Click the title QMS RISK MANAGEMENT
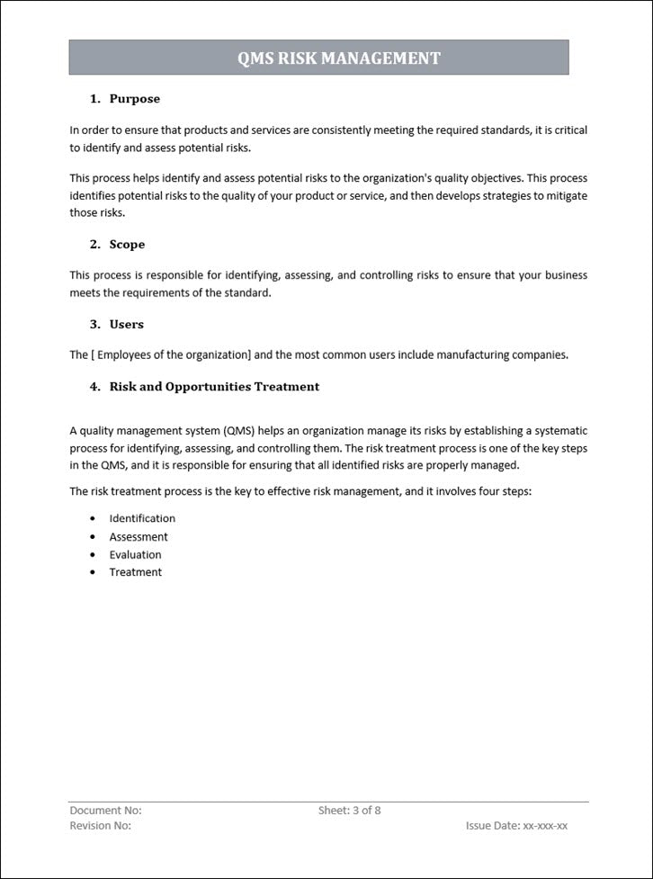click(338, 58)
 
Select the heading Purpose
click(134, 99)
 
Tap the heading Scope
click(127, 245)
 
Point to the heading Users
click(126, 324)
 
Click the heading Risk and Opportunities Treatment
click(214, 387)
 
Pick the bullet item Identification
click(142, 519)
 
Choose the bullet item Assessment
click(139, 537)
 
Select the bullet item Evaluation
click(136, 555)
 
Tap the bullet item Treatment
click(136, 572)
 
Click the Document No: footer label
click(105, 811)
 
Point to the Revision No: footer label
click(101, 826)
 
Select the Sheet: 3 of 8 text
click(349, 811)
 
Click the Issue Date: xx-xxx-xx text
click(516, 826)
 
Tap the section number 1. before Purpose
click(95, 99)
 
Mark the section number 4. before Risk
click(95, 387)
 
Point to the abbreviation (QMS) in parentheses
click(237, 431)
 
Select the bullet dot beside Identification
click(93, 519)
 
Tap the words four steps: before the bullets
click(505, 492)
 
